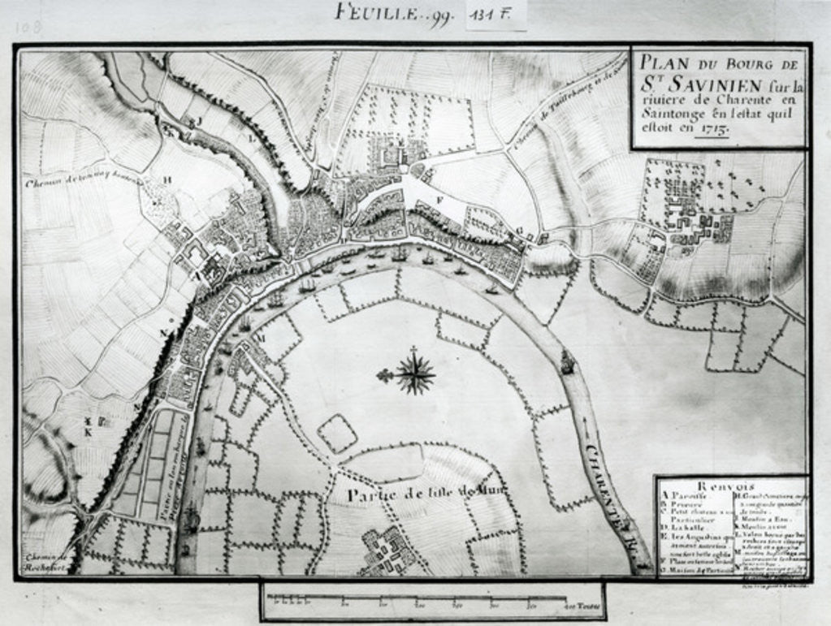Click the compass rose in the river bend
pyautogui.click(x=415, y=374)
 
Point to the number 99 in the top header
pyautogui.click(x=440, y=15)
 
